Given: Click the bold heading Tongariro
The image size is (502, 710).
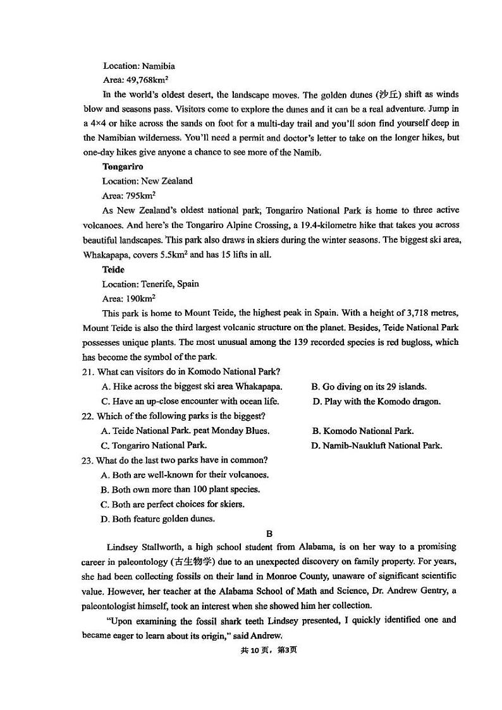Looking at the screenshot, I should (123, 167).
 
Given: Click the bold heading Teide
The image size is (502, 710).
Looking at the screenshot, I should (113, 270).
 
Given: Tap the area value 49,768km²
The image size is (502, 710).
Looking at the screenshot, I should (147, 80).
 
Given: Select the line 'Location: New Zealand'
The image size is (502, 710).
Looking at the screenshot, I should (147, 181).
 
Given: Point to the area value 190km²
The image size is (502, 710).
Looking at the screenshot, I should (141, 299).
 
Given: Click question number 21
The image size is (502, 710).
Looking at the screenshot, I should (88, 372).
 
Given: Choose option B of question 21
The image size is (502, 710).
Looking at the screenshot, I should (369, 387).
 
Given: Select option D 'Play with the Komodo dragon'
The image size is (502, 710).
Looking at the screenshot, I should (376, 402).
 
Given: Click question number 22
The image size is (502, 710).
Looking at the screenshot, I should (88, 416).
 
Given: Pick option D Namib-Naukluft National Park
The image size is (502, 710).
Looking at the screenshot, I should (376, 446).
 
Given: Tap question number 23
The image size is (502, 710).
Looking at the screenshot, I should (88, 460).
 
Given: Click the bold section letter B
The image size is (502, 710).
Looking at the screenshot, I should (269, 534).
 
